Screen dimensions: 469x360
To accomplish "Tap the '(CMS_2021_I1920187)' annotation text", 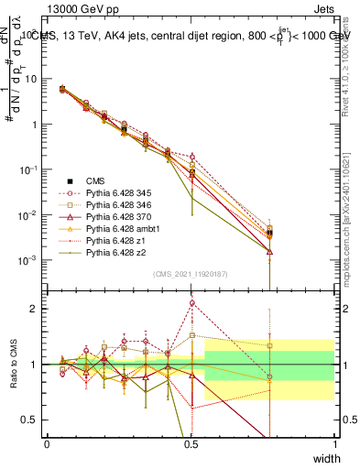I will pos(191,274).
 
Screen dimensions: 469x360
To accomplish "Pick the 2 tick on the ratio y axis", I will pos(34,310).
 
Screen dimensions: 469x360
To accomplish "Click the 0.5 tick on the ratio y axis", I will pos(30,420).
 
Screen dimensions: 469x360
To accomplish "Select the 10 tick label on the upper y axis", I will pos(31,79).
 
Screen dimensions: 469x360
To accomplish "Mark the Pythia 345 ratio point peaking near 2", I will pos(191,302).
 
